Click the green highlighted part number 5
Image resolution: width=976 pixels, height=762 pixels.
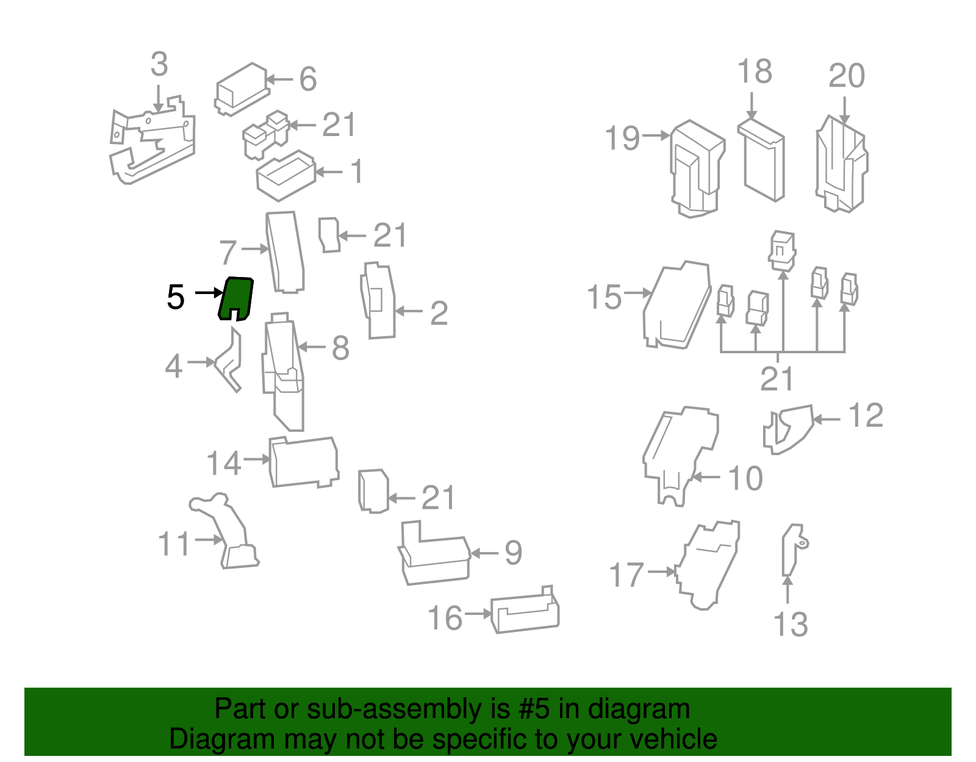[236, 298]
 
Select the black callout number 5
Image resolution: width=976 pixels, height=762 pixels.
[175, 297]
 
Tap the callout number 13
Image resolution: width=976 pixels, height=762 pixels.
[791, 624]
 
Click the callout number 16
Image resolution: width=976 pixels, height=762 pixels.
[445, 618]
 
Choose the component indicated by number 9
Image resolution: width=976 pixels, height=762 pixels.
[434, 553]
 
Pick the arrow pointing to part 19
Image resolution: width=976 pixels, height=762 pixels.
[656, 135]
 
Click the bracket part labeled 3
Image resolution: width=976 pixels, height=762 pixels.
[152, 140]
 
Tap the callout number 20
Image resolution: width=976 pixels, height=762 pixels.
[847, 76]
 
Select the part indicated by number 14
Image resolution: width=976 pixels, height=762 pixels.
[304, 462]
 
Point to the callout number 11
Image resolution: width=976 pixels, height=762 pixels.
[174, 544]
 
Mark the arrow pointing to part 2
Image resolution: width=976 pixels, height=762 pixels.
[409, 311]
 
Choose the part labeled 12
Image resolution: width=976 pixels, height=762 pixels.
[789, 430]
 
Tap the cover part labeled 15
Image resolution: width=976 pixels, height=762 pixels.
[677, 305]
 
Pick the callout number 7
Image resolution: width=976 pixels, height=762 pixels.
[228, 253]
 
